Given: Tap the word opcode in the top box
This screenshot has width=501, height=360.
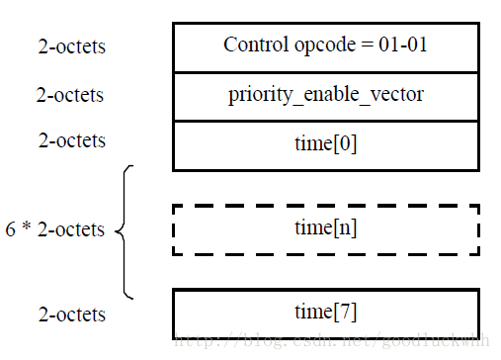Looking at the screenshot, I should [x=314, y=45].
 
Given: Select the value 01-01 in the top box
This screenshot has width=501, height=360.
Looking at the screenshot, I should [x=405, y=45].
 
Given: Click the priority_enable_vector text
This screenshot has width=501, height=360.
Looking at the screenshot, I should [x=326, y=95].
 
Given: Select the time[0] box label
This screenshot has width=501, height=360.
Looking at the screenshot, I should [x=326, y=142].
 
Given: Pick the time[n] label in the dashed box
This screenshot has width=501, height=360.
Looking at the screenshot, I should [x=326, y=227].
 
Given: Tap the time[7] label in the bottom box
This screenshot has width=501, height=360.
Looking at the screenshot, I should [x=326, y=312].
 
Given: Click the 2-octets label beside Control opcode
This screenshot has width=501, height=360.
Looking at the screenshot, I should [x=71, y=45].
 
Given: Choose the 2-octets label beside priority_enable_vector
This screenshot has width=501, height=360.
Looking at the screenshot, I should [x=71, y=95].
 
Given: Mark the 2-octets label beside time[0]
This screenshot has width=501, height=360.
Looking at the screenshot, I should [x=71, y=140].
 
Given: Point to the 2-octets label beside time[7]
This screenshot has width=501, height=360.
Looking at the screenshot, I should [x=71, y=315].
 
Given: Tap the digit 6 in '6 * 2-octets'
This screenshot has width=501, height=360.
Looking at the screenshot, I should [x=12, y=229].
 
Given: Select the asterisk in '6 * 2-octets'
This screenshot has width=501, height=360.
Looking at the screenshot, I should [x=27, y=229].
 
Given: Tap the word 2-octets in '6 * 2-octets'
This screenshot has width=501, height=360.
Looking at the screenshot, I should [x=71, y=229].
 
